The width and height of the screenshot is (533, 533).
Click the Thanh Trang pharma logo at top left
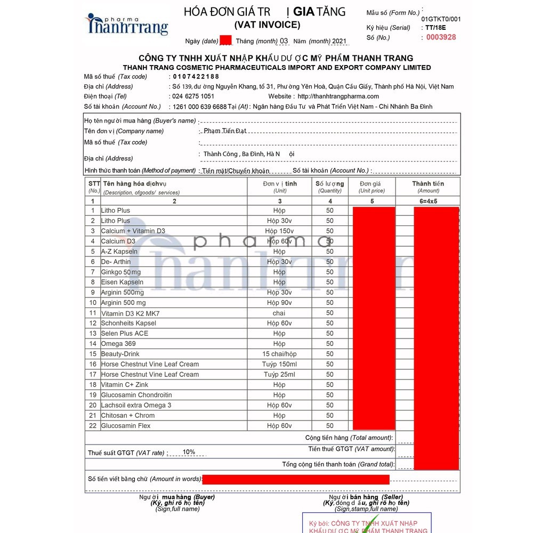point(128,25)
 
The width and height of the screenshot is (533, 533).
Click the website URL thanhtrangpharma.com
point(338,96)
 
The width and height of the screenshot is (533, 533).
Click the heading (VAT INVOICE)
point(267,25)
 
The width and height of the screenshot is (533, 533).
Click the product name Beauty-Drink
point(120,354)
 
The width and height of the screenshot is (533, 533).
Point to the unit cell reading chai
point(279,313)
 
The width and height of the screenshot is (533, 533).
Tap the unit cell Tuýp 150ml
point(279,364)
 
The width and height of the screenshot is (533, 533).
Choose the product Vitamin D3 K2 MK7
point(130,313)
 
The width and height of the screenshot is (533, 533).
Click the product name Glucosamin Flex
point(126,426)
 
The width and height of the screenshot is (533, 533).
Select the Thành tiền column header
point(428,184)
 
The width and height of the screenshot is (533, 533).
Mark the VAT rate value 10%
point(189,452)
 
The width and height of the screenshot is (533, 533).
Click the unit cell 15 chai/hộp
point(279,354)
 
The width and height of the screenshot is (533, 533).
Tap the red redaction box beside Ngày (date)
point(225,40)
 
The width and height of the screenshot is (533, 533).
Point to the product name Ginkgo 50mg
point(121,272)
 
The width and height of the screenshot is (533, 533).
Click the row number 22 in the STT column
point(93,426)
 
